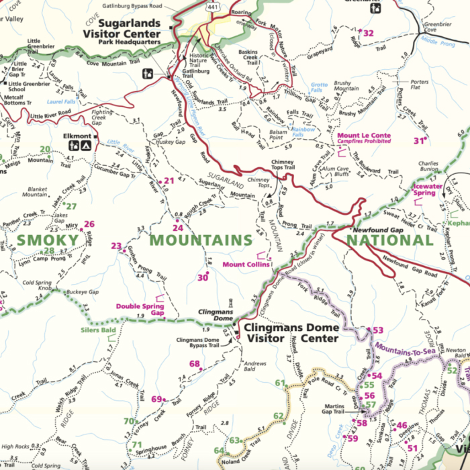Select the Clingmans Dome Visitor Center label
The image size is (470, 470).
(290, 334)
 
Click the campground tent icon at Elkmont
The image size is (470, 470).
(87, 145)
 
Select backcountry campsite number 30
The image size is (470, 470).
(202, 277)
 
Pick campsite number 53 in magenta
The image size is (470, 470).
(377, 330)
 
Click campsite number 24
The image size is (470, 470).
(178, 228)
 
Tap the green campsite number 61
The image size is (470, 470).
(280, 383)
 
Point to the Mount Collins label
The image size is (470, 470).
(246, 265)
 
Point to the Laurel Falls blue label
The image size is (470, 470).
(62, 103)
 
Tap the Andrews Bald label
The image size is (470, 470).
(255, 366)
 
